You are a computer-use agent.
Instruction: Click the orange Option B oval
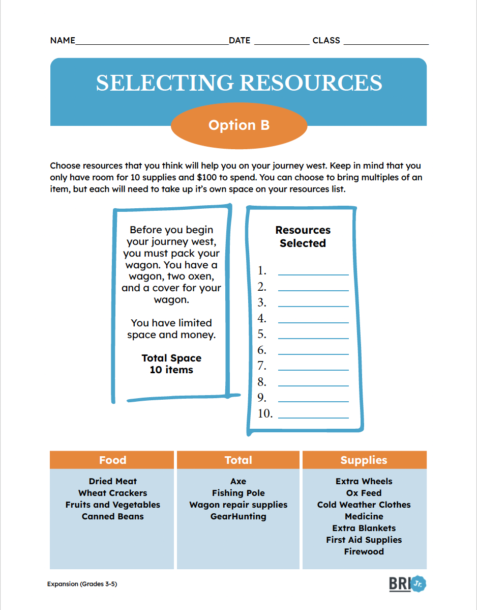pyautogui.click(x=239, y=125)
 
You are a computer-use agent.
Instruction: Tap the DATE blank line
pyautogui.click(x=281, y=42)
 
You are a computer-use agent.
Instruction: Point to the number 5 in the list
pyautogui.click(x=262, y=335)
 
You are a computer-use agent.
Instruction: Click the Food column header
pyautogui.click(x=112, y=460)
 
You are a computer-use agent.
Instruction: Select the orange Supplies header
pyautogui.click(x=364, y=460)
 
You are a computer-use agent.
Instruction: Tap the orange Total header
pyautogui.click(x=238, y=460)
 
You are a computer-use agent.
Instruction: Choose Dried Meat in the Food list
pyautogui.click(x=112, y=481)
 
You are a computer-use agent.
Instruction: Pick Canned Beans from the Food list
pyautogui.click(x=112, y=516)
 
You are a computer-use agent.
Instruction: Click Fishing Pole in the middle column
pyautogui.click(x=238, y=493)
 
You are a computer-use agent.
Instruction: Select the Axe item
pyautogui.click(x=238, y=481)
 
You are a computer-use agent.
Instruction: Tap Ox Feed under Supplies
pyautogui.click(x=364, y=493)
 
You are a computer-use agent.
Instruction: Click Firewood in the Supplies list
pyautogui.click(x=364, y=551)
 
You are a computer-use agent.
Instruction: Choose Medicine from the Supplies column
pyautogui.click(x=364, y=516)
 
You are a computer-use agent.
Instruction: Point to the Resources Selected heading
pyautogui.click(x=303, y=237)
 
